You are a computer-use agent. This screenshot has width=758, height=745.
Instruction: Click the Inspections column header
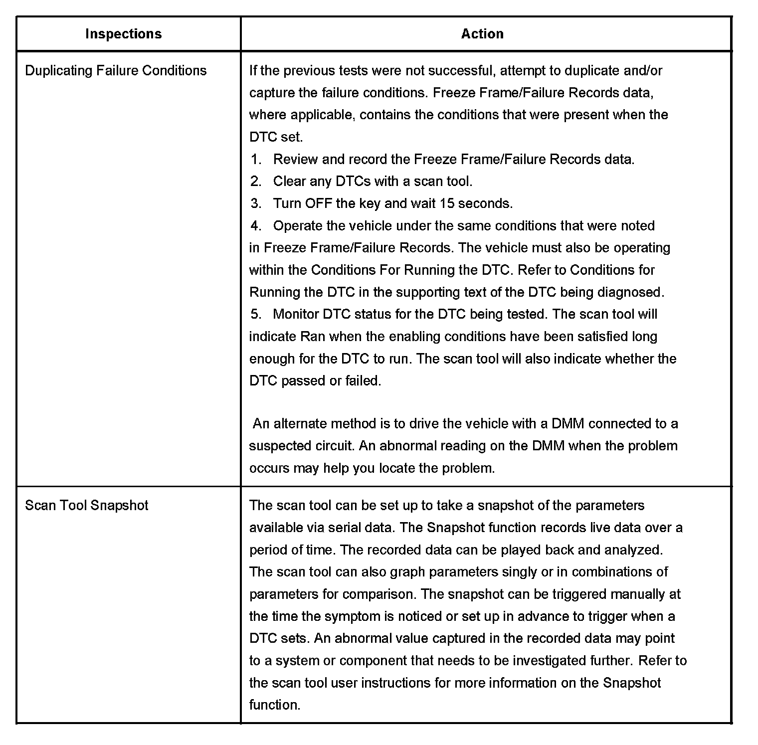click(x=123, y=34)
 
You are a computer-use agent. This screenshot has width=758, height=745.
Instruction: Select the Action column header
click(x=482, y=34)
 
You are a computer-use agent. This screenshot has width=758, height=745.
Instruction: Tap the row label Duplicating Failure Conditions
click(x=116, y=70)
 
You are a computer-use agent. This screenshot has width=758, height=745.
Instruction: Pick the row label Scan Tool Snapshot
click(x=87, y=505)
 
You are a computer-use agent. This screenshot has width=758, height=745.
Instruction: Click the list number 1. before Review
click(x=256, y=159)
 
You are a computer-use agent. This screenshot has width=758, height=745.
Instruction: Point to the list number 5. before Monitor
click(x=256, y=314)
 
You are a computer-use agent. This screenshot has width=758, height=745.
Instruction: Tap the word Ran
click(x=313, y=337)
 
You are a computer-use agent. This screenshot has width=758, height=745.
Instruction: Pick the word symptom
click(x=352, y=616)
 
